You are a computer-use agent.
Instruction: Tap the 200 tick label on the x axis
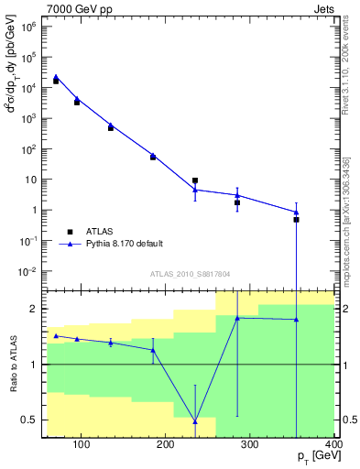pyautogui.click(x=165, y=445)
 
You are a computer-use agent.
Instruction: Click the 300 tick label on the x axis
pyautogui.click(x=250, y=445)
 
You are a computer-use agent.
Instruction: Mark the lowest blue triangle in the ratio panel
pyautogui.click(x=195, y=421)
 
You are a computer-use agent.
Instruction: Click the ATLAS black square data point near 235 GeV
pyautogui.click(x=195, y=181)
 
